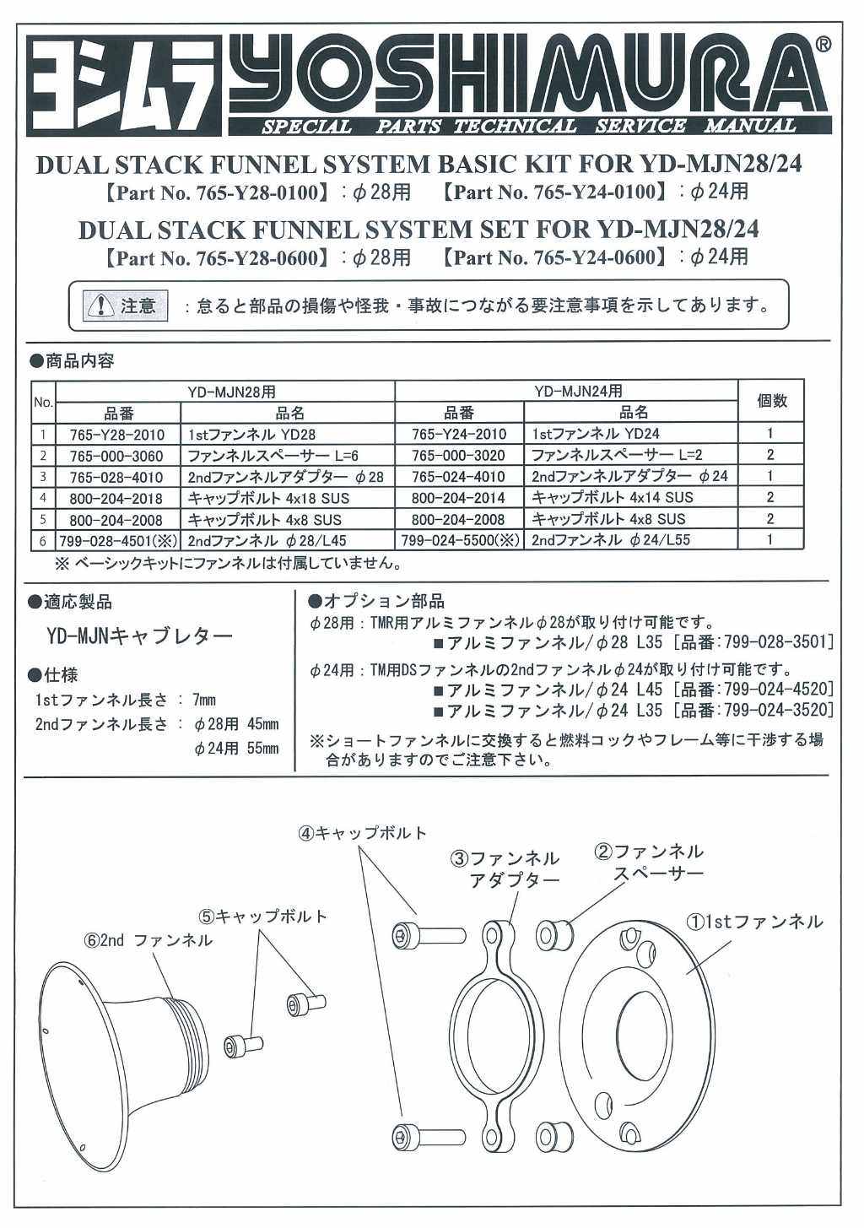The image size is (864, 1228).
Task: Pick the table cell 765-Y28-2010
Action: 118,434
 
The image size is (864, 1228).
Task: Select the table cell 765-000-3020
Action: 459,455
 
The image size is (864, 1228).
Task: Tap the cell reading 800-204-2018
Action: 118,498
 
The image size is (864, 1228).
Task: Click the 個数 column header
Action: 771,402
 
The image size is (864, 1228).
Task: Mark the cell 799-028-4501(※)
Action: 118,539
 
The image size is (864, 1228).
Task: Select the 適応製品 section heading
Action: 71,603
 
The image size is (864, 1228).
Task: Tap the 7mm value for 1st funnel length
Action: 204,700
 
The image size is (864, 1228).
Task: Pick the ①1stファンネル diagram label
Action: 753,922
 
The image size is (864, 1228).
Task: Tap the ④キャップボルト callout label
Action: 362,833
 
